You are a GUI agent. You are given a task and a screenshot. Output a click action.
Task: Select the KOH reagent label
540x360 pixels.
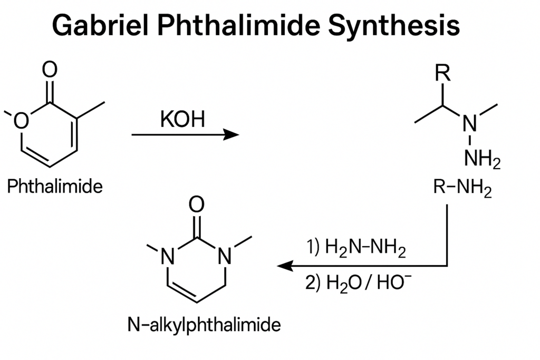click(x=182, y=120)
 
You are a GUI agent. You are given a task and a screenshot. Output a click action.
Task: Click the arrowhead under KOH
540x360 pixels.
click(x=231, y=134)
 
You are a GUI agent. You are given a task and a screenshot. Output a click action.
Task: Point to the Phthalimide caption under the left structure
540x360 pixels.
click(x=55, y=186)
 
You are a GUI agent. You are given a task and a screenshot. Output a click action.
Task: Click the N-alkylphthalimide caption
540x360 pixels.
click(x=204, y=325)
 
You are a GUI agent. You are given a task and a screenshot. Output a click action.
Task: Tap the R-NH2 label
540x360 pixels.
click(x=462, y=189)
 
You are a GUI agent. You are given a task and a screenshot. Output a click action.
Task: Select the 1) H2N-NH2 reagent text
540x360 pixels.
click(x=356, y=248)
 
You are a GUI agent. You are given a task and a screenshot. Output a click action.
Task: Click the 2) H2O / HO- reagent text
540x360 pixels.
click(x=358, y=283)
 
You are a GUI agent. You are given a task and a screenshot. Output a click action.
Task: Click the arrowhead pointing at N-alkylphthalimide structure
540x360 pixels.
click(x=285, y=266)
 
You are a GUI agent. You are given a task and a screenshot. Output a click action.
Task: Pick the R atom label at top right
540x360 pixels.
click(x=442, y=73)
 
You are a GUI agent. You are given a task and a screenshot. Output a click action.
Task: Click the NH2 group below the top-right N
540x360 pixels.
click(x=482, y=159)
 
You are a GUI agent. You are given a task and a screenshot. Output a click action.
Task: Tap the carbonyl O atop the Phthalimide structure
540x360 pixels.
click(x=50, y=70)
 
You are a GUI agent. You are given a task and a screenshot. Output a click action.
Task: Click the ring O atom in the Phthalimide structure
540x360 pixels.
click(x=21, y=121)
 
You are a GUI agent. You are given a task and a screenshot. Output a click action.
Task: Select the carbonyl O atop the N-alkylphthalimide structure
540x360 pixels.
click(x=197, y=205)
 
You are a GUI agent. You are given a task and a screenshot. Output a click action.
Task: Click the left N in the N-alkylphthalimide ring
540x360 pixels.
click(x=168, y=256)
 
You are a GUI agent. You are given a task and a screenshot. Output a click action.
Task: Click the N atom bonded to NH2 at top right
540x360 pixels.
click(x=470, y=123)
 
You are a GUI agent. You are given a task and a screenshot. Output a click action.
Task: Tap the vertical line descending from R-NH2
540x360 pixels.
click(x=447, y=235)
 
